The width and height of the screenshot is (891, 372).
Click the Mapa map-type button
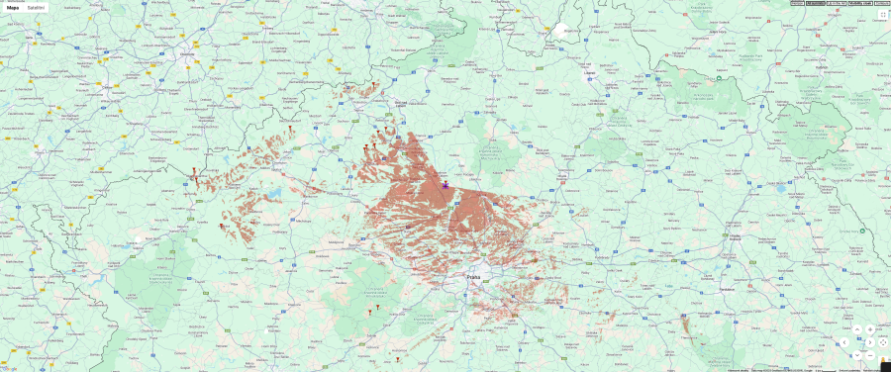click(14, 7)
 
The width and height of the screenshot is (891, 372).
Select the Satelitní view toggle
click(36, 7)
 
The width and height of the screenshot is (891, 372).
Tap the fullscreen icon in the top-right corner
click(882, 15)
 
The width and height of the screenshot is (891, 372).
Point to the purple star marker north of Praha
click(445, 184)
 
